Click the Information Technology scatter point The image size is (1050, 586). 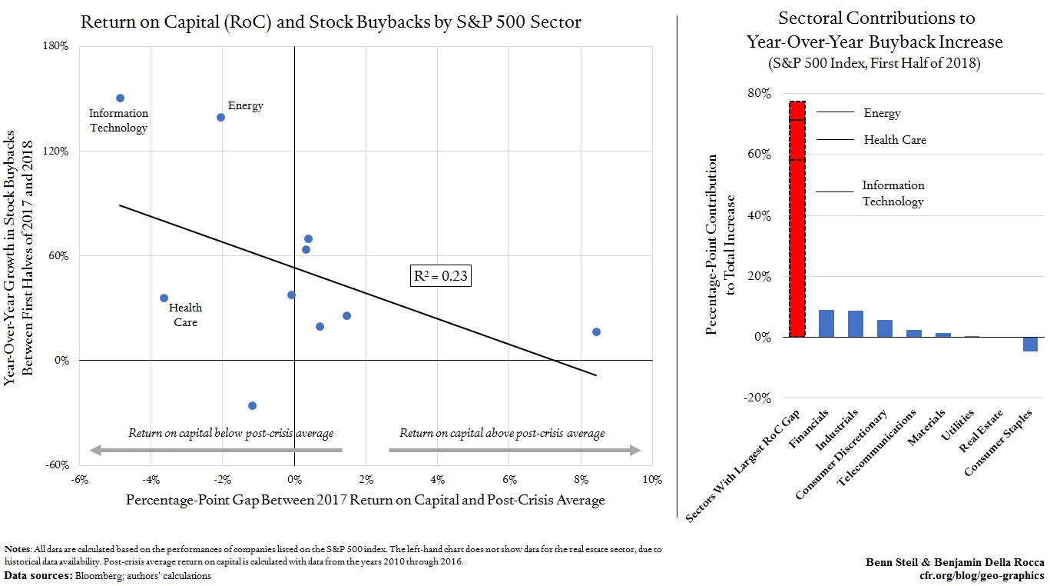pos(120,98)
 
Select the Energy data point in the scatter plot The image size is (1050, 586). pos(220,117)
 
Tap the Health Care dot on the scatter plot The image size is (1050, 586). pos(164,298)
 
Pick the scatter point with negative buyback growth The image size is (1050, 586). pos(252,405)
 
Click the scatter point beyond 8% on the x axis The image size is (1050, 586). pos(596,331)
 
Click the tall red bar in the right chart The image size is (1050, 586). pos(797,219)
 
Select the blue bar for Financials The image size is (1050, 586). pos(826,323)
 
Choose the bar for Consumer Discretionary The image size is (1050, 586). pos(885,328)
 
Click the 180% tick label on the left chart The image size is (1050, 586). pos(58,46)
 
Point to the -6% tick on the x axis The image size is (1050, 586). pos(79,479)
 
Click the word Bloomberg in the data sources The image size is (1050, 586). pos(88,575)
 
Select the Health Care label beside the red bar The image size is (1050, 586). pos(895,140)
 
